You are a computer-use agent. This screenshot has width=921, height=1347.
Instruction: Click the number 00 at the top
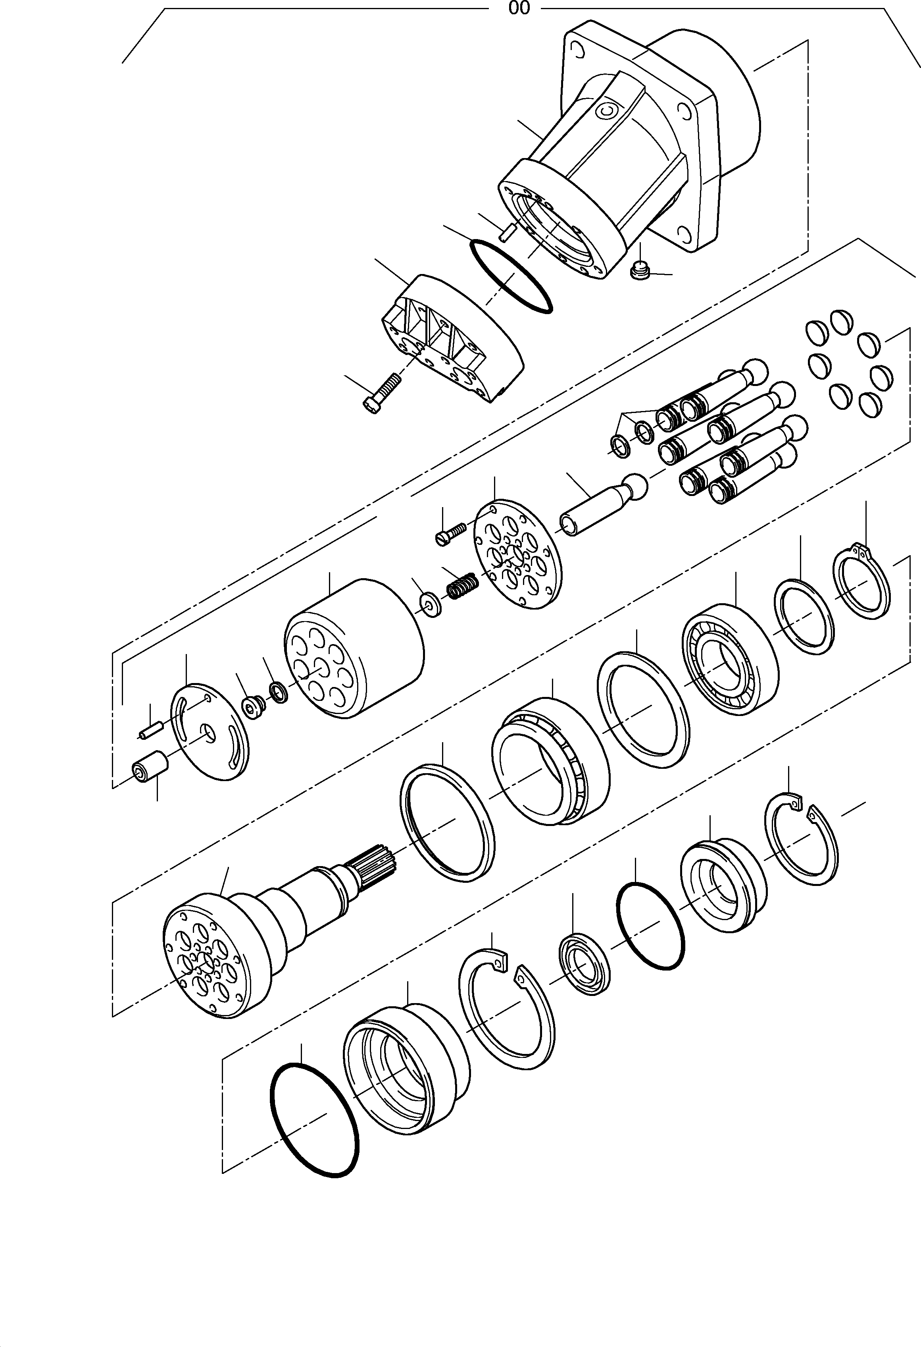click(518, 9)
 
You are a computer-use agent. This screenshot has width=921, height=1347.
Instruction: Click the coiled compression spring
click(462, 586)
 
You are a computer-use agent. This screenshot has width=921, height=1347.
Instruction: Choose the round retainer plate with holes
click(518, 555)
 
